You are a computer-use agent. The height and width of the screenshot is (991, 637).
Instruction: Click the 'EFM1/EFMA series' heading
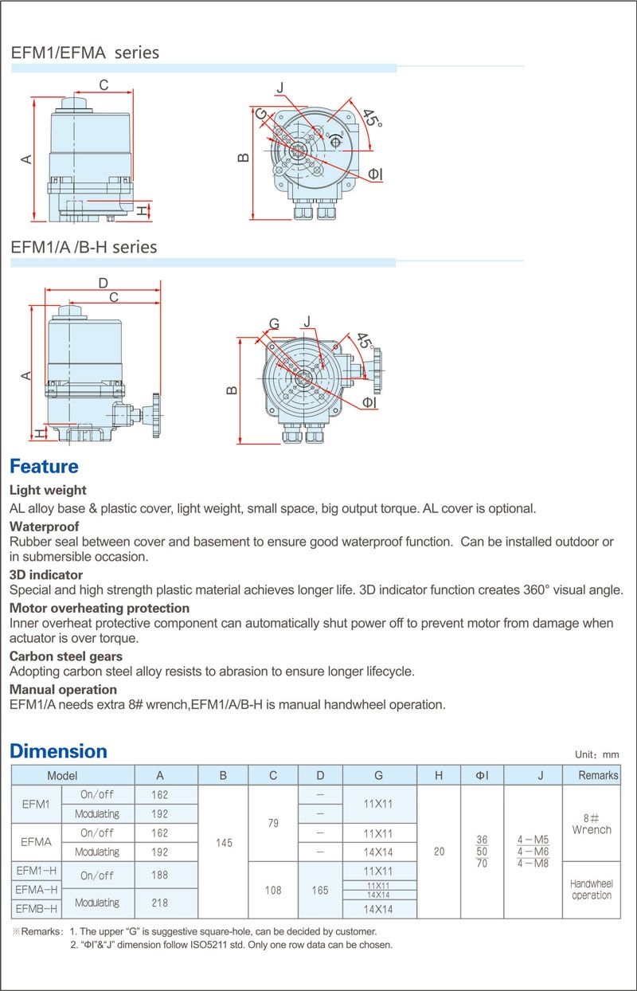point(85,53)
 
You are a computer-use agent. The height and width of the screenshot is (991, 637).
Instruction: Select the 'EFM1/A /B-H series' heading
point(84,247)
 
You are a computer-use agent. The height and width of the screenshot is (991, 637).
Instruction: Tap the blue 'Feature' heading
point(44,466)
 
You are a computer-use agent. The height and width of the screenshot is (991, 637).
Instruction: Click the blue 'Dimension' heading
point(58,751)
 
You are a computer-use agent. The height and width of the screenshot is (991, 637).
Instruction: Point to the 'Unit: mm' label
point(596,754)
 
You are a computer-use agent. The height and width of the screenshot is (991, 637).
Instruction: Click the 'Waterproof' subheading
point(44,527)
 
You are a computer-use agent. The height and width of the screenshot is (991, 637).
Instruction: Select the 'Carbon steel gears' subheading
point(66,656)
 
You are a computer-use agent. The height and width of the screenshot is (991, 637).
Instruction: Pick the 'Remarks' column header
point(598,775)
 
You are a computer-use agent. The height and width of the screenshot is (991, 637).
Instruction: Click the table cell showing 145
point(224,843)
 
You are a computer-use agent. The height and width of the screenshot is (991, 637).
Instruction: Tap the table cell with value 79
point(273,823)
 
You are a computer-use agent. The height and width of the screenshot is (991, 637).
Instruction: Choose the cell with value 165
point(320,890)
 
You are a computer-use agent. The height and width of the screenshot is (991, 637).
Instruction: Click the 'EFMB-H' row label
point(37,908)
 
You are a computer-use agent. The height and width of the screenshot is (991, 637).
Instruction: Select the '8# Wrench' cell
point(592,824)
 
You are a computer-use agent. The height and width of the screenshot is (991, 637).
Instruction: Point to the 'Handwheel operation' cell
point(592,890)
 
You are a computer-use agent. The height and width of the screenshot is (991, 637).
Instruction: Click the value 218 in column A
point(160,902)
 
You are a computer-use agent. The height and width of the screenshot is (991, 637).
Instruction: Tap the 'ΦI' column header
point(482,775)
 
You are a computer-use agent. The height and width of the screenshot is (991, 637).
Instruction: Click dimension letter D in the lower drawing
point(103,283)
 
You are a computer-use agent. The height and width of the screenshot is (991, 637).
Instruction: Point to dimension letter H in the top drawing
point(141,210)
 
